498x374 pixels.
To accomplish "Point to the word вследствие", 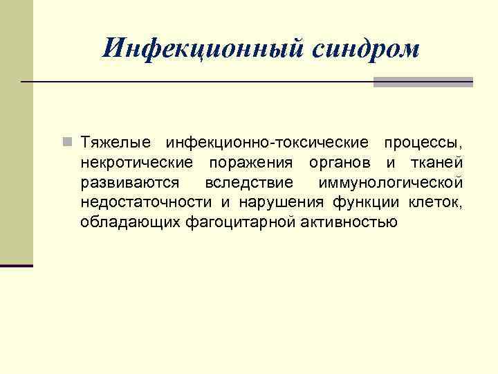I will pyautogui.click(x=249, y=183).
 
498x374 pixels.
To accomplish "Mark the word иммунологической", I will pyautogui.click(x=391, y=183).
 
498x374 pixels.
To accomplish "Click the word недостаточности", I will pyautogui.click(x=147, y=202).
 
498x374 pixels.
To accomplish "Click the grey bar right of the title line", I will pyautogui.click(x=423, y=82).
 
